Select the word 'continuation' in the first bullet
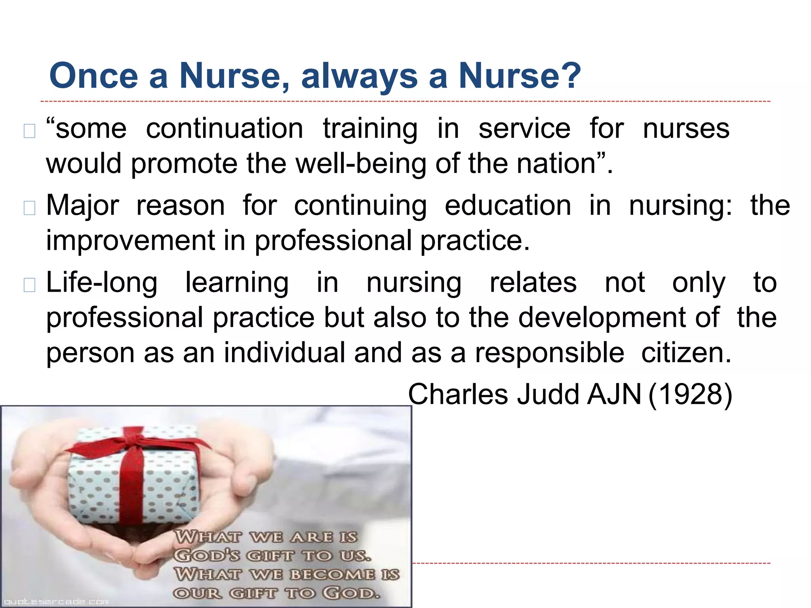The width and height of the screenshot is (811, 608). pyautogui.click(x=225, y=129)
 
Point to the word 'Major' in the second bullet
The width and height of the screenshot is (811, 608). pyautogui.click(x=82, y=205)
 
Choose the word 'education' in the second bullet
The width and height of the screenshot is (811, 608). pyautogui.click(x=508, y=205)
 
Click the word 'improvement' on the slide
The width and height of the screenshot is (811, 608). pyautogui.click(x=130, y=240)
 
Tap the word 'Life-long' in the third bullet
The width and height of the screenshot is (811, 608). pyautogui.click(x=102, y=283)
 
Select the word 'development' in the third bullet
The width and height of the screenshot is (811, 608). pyautogui.click(x=618, y=317)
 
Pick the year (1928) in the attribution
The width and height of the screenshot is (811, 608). pyautogui.click(x=690, y=394)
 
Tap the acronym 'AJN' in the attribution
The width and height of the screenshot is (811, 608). pyautogui.click(x=614, y=394)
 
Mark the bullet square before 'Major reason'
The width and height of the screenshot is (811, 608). pyautogui.click(x=30, y=208)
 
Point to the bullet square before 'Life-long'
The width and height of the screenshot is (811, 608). pyautogui.click(x=30, y=285)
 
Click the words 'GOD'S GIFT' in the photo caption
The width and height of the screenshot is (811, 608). pyautogui.click(x=234, y=555)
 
